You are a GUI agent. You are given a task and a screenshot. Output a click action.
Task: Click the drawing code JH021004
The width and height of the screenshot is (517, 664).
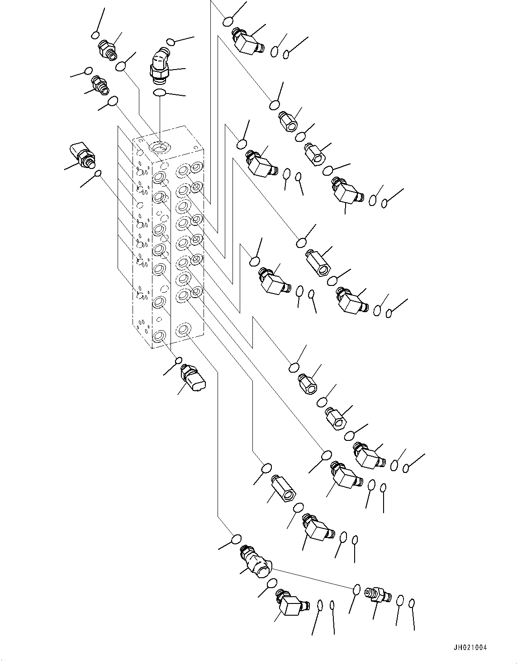[x=470, y=639]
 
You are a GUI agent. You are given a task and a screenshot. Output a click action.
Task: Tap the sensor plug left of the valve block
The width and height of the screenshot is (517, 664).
[x=82, y=156]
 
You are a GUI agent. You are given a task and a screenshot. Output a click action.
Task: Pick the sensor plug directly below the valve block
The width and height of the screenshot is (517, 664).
[x=193, y=378]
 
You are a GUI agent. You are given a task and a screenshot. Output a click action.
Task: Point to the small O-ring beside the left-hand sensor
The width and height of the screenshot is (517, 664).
[x=98, y=174]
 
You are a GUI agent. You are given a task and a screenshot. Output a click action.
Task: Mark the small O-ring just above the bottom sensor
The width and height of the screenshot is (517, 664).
[x=178, y=361]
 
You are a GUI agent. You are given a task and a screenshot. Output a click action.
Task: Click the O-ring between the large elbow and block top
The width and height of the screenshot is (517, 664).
[x=159, y=92]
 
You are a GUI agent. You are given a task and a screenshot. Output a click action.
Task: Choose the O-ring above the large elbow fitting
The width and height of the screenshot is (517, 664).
[x=171, y=42]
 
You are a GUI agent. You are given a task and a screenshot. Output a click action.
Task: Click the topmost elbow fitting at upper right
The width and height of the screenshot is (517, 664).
[x=248, y=41]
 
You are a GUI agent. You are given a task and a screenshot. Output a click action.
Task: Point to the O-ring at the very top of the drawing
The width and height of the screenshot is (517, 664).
[x=228, y=22]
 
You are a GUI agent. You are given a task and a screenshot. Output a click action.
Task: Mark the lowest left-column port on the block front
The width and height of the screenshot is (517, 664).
[x=159, y=337]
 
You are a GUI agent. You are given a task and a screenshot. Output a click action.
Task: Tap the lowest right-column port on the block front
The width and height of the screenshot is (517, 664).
[x=183, y=329]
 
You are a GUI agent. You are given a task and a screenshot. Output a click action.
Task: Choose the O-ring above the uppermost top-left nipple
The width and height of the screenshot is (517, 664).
[x=95, y=35]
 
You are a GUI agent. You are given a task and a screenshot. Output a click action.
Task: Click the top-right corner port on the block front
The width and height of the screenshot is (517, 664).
[x=196, y=168]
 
